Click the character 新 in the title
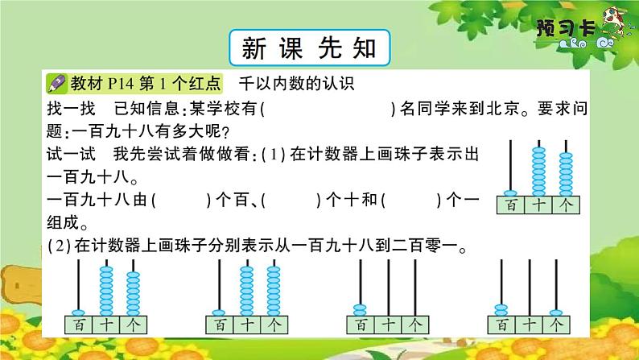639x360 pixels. [x=253, y=48]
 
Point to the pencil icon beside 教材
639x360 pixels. [x=57, y=83]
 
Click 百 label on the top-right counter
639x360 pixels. [x=510, y=206]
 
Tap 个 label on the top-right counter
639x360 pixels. [x=568, y=206]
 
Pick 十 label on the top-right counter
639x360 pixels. [x=539, y=206]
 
